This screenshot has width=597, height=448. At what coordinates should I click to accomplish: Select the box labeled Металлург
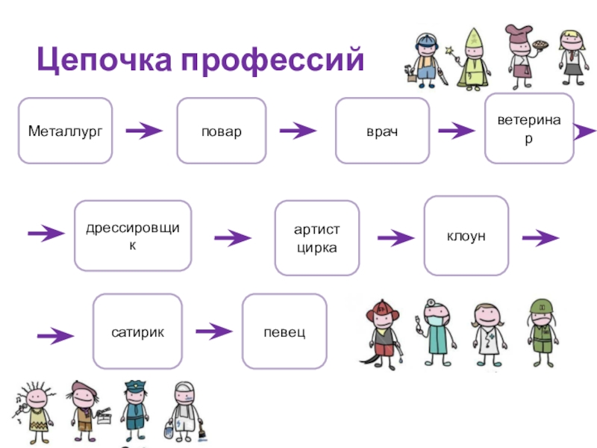click(x=65, y=131)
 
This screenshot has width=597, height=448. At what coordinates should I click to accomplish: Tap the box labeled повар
click(x=221, y=131)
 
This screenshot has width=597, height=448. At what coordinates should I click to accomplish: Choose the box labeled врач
click(x=382, y=131)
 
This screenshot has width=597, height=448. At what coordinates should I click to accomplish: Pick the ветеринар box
click(x=529, y=128)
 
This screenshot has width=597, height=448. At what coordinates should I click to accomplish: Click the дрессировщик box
click(x=133, y=235)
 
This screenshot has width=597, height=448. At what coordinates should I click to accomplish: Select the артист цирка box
click(x=316, y=238)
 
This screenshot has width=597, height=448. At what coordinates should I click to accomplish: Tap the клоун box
click(x=466, y=236)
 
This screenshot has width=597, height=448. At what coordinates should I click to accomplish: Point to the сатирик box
click(x=137, y=331)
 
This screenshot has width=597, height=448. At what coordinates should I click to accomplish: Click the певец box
click(x=284, y=331)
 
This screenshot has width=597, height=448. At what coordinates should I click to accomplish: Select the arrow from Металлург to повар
click(x=144, y=132)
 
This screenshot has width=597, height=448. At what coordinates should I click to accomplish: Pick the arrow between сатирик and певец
click(x=214, y=330)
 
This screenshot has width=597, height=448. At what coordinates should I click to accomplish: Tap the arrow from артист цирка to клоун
click(x=396, y=238)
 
